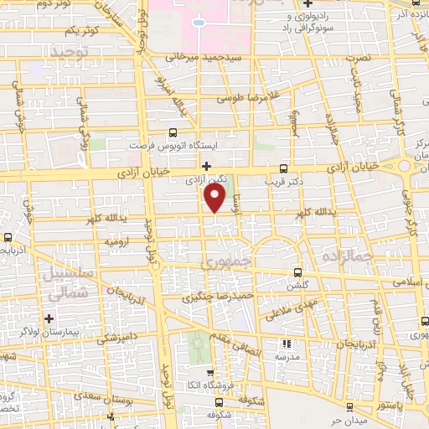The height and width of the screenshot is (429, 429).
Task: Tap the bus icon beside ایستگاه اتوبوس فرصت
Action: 173,132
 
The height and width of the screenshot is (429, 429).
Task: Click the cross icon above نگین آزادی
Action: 206,166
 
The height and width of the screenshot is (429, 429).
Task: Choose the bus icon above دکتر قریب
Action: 283,167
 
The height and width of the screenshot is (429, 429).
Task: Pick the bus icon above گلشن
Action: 299,272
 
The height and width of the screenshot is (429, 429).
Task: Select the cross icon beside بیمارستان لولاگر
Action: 49,318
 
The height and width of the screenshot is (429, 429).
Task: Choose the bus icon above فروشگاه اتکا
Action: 209,375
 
